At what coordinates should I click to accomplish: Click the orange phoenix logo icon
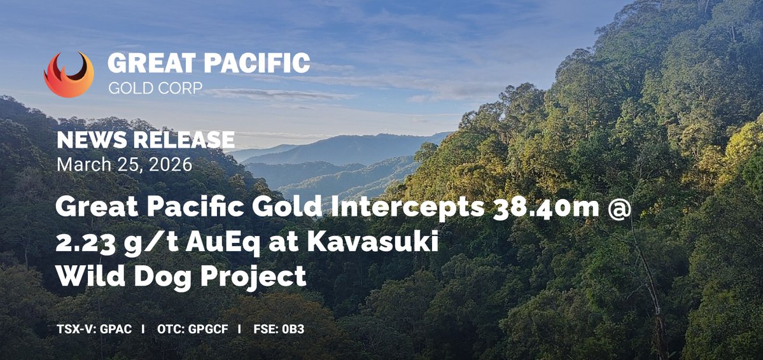tap(69, 74)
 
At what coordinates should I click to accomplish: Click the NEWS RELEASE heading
tap(146, 140)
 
